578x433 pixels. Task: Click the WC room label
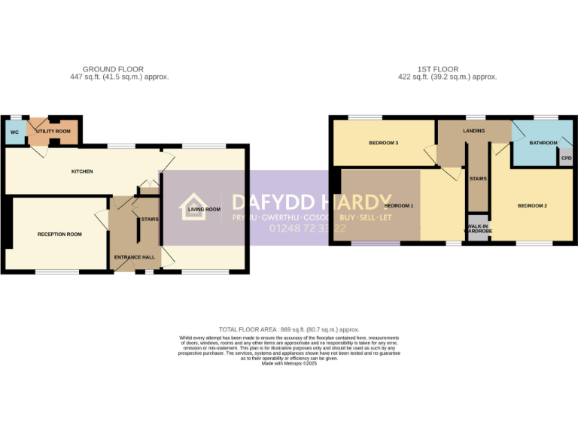click(x=14, y=132)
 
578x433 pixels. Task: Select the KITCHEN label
click(x=82, y=171)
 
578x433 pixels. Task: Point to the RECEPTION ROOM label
click(x=59, y=235)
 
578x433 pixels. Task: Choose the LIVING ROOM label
click(x=204, y=210)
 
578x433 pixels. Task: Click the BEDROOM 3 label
click(x=383, y=143)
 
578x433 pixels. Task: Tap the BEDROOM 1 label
click(x=399, y=205)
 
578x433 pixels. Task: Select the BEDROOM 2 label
click(x=531, y=205)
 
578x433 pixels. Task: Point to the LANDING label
click(x=474, y=131)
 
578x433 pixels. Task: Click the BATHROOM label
click(x=543, y=143)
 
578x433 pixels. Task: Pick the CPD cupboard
click(x=566, y=159)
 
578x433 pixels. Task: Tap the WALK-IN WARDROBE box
click(x=479, y=229)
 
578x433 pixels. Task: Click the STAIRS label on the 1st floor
click(x=478, y=179)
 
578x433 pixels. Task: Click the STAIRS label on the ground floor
click(x=148, y=220)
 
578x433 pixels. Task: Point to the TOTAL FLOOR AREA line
click(x=289, y=329)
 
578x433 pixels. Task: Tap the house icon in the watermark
click(x=193, y=207)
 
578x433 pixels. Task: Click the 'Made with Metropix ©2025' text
click(x=289, y=363)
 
